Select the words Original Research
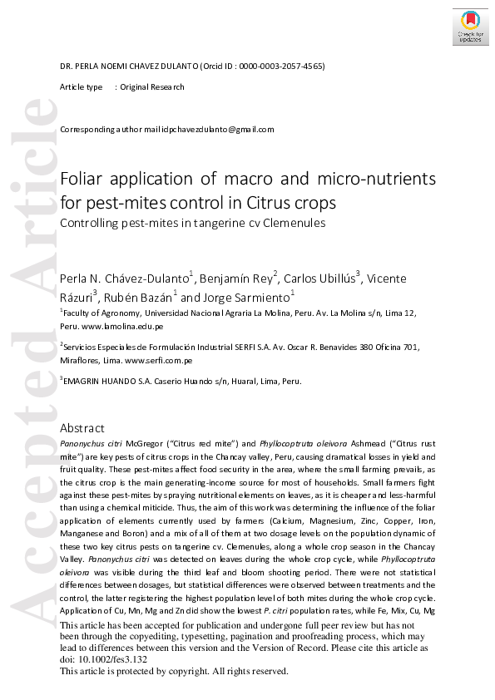pos(152,87)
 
